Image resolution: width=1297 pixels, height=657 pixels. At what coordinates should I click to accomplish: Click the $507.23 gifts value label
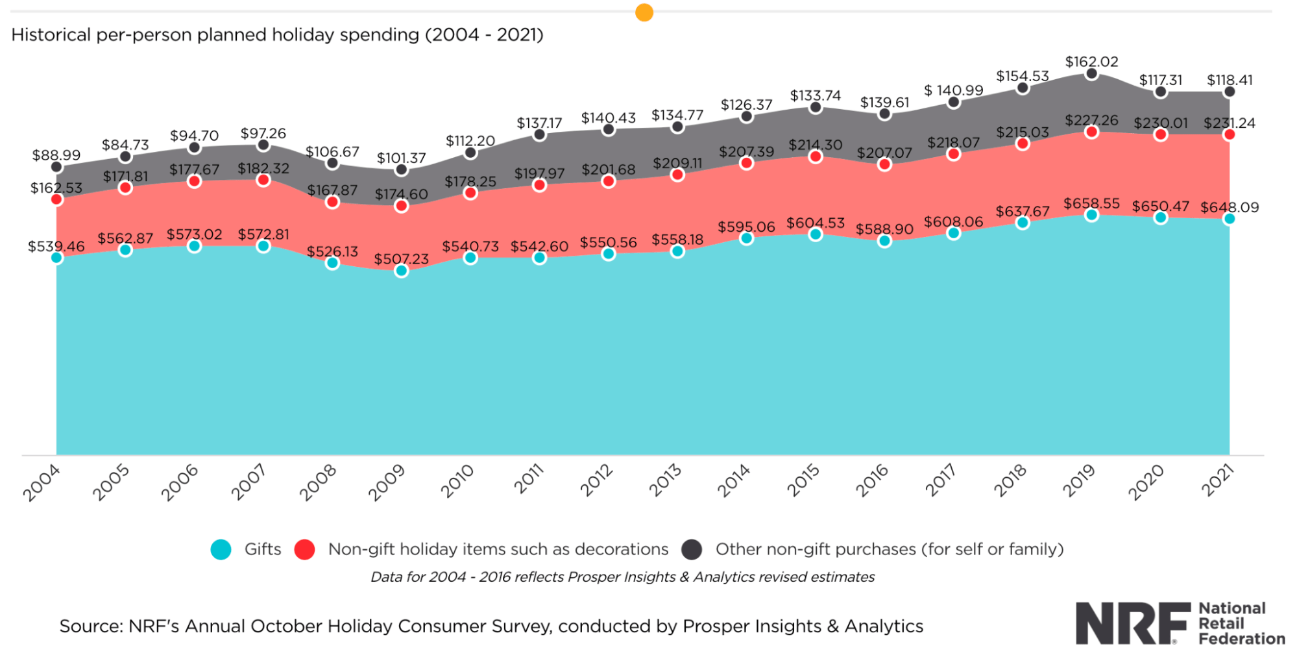[x=401, y=259]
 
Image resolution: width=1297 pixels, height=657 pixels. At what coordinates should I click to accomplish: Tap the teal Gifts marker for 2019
[x=1091, y=215]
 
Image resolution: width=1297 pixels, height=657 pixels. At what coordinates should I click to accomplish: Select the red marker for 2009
[x=401, y=206]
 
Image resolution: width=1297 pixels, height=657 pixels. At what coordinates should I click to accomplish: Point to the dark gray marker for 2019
[x=1091, y=74]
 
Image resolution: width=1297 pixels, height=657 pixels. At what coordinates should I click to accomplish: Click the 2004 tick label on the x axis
[x=42, y=483]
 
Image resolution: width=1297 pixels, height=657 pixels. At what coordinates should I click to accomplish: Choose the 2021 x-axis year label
[x=1217, y=481]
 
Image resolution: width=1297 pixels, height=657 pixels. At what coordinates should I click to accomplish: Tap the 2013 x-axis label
[x=665, y=481]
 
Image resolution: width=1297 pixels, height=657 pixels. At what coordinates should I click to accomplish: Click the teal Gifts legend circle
[x=221, y=549]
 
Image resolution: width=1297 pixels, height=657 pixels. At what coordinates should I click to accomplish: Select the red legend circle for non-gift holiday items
[x=304, y=549]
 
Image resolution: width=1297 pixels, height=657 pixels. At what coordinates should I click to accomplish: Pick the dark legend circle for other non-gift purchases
[x=692, y=549]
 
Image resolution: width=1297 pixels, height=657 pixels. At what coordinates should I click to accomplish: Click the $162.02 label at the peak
[x=1091, y=62]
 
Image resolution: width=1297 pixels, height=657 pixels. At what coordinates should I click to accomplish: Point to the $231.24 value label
[x=1229, y=123]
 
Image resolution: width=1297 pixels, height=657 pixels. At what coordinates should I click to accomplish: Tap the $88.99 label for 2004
[x=56, y=155]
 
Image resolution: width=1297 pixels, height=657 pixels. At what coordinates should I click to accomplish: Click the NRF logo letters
[x=1132, y=623]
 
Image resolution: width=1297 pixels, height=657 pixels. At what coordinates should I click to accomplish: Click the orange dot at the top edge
[x=644, y=12]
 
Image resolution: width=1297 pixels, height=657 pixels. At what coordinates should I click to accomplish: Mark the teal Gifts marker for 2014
[x=746, y=238]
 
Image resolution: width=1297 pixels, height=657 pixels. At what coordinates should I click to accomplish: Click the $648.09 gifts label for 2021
[x=1229, y=208]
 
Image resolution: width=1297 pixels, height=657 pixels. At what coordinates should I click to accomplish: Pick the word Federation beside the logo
[x=1241, y=639]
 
